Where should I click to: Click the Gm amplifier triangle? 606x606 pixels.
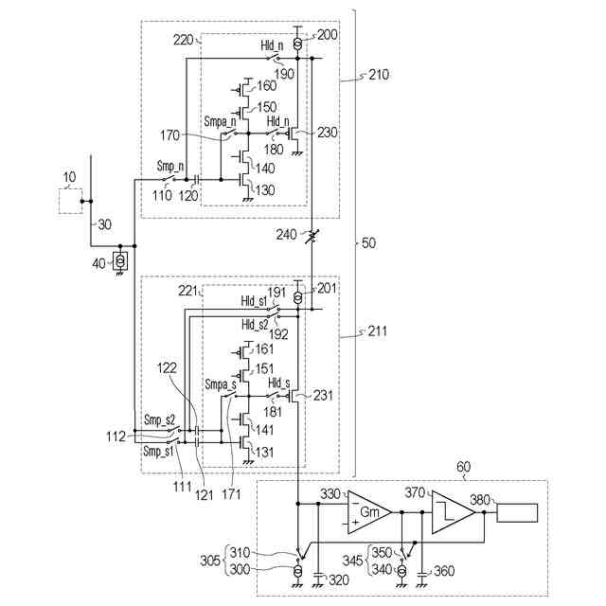coord(369,512)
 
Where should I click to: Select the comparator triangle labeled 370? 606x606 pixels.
coord(453,512)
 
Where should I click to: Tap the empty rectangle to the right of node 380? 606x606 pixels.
coord(517,513)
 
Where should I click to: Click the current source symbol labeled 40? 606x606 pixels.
coord(120,261)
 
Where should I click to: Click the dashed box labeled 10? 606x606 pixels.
coord(70,201)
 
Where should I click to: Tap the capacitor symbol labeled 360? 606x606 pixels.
coord(422,573)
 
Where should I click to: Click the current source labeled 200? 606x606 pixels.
coord(297,45)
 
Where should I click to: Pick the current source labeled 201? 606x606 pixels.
coord(297,298)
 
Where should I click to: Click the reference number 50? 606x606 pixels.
coord(368,243)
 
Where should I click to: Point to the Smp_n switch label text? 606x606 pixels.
coord(170,167)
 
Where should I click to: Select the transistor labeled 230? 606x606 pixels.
coord(294,134)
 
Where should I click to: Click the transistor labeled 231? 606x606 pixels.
coord(294,396)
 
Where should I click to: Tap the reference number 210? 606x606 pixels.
coord(379,74)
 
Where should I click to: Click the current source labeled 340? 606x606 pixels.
coord(401,570)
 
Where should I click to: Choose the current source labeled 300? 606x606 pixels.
coord(297,570)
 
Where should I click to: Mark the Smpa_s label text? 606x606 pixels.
coord(221,384)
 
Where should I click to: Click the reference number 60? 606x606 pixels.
coord(463,467)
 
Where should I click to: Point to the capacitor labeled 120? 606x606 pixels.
coord(197,180)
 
